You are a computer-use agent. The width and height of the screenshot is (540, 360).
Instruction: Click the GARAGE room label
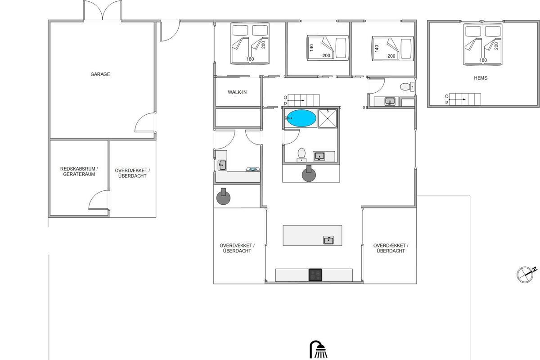tap(100, 74)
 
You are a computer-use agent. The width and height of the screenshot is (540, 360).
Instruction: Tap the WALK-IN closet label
tap(237, 92)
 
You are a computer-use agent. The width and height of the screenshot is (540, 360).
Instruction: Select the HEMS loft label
tap(481, 78)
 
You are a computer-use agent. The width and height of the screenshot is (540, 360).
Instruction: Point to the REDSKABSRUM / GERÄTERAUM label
tap(79, 171)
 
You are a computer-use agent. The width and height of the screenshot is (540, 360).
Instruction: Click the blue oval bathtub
tap(301, 118)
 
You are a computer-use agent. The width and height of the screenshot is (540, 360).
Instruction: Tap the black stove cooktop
tap(315, 275)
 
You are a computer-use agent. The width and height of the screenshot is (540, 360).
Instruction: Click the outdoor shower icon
tap(319, 349)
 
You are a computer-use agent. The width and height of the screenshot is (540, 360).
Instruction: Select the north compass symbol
tap(526, 274)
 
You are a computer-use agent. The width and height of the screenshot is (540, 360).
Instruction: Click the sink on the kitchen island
tap(328, 240)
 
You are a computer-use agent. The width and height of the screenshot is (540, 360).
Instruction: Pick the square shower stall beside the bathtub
tap(328, 118)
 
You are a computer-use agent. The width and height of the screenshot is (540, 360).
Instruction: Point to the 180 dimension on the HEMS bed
tap(483, 60)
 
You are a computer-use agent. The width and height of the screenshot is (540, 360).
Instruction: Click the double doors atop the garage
tap(103, 11)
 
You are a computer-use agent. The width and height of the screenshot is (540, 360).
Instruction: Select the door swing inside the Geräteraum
tap(99, 199)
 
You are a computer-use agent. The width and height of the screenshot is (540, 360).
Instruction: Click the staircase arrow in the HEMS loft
tap(457, 99)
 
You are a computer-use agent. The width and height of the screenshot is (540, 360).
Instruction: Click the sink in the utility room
tap(222, 165)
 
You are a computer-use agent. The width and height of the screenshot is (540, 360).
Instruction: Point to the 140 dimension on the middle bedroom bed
tap(311, 48)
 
